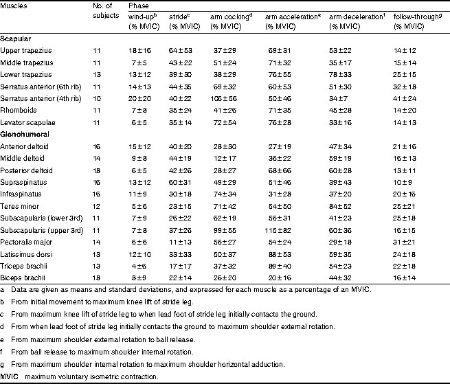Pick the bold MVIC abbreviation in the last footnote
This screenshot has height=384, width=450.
10,376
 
